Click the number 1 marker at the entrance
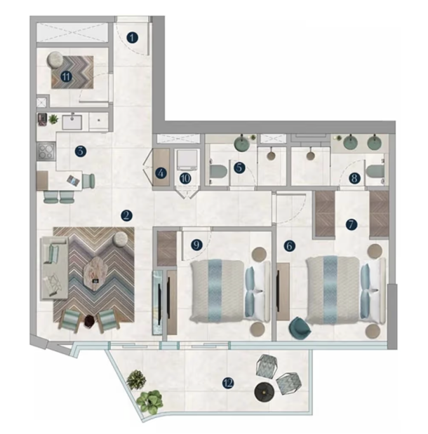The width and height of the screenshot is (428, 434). point(132,38)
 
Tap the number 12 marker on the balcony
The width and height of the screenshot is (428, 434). point(228,384)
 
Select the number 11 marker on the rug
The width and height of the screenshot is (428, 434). point(66,76)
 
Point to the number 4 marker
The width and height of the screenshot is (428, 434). point(161,174)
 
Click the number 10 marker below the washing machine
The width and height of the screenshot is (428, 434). point(185,179)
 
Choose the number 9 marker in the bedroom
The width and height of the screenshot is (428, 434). point(196,245)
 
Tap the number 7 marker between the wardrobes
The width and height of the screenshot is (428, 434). point(352,224)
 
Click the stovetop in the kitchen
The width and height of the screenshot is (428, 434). point(46,151)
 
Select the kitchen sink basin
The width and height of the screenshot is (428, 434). point(72,123)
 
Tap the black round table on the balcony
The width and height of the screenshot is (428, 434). point(265,392)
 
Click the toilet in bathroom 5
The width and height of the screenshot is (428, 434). point(217,172)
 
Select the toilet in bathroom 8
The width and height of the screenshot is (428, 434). point(375,172)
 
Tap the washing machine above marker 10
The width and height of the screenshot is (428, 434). point(187,160)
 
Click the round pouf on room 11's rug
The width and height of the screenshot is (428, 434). point(55,60)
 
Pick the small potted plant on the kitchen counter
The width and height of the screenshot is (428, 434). point(53,119)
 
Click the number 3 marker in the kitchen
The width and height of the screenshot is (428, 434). point(80,151)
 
